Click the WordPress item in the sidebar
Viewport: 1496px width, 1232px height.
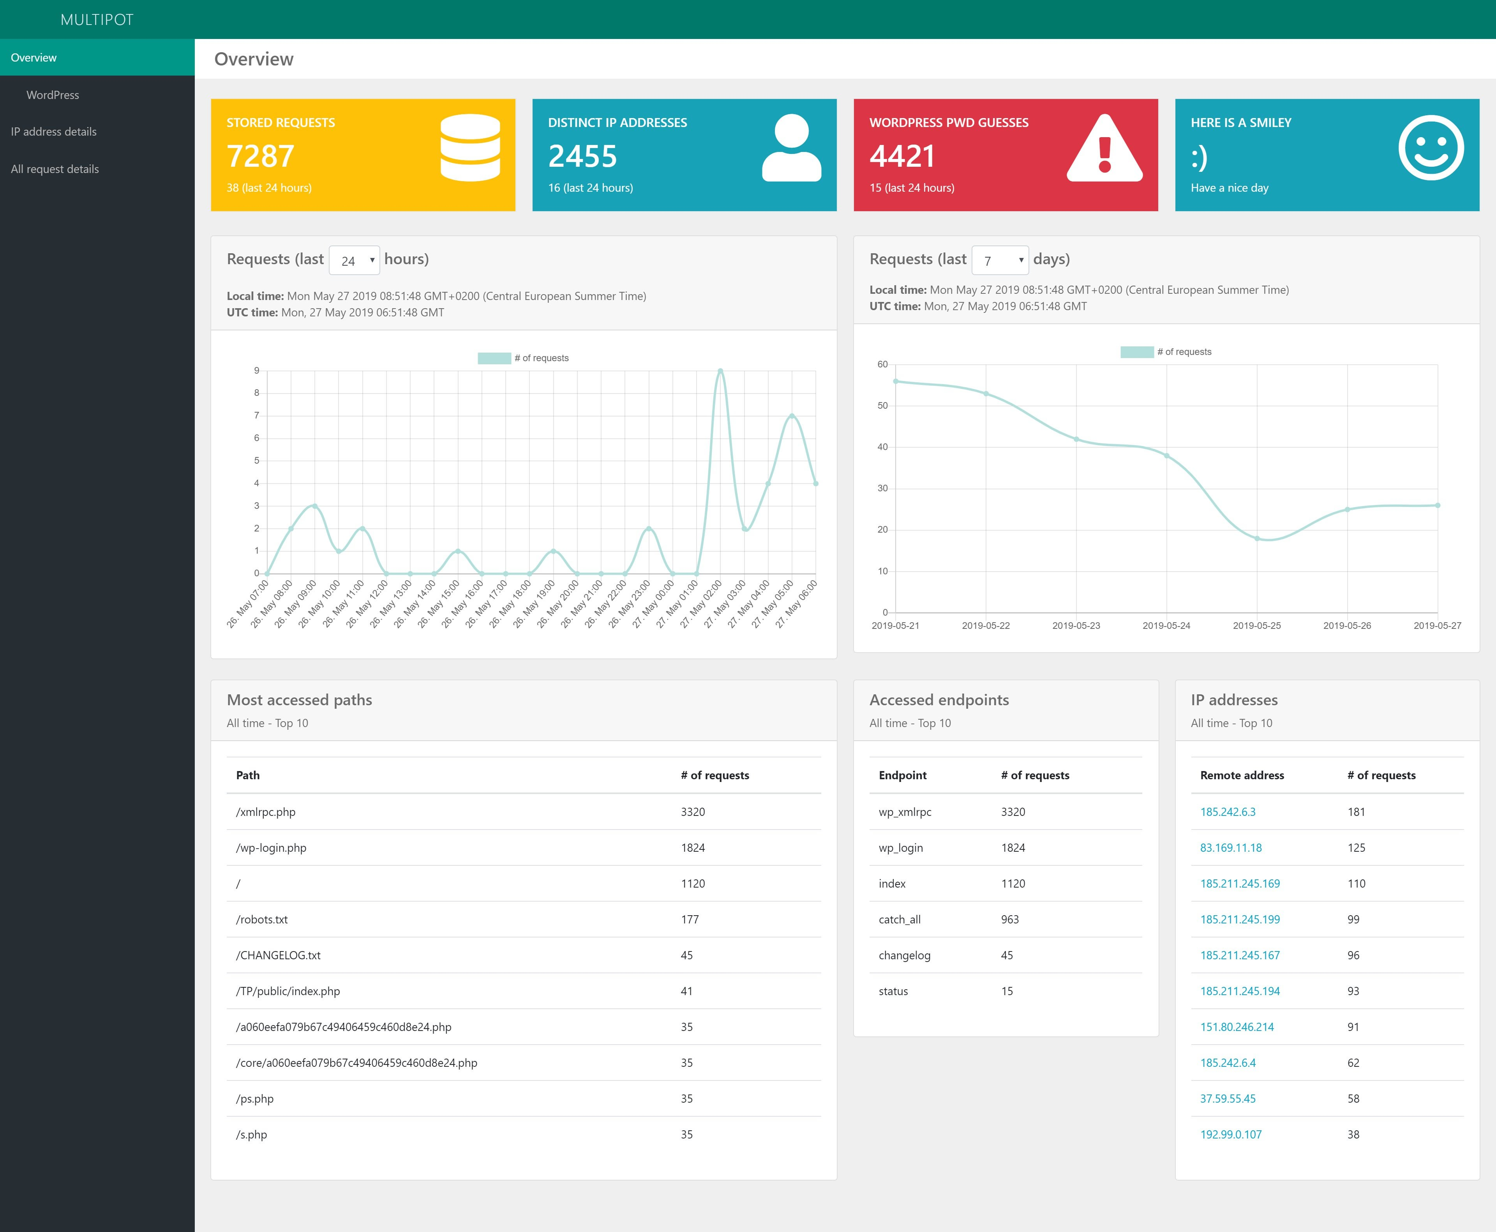pyautogui.click(x=53, y=95)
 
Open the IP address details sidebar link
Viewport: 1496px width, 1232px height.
pyautogui.click(x=53, y=132)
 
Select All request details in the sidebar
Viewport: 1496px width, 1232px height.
pyautogui.click(x=55, y=169)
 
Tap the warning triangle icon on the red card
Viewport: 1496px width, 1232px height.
pyautogui.click(x=1104, y=148)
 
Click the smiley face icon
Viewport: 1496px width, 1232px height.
pyautogui.click(x=1431, y=148)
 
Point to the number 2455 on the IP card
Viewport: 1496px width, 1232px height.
pyautogui.click(x=583, y=156)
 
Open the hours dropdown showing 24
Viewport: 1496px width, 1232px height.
pyautogui.click(x=354, y=260)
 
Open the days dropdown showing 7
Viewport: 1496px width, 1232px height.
pyautogui.click(x=1000, y=260)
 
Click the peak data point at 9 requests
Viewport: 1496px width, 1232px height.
pyautogui.click(x=720, y=371)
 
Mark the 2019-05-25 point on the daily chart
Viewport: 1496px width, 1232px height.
pyautogui.click(x=1257, y=538)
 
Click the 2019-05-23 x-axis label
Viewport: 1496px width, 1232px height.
pyautogui.click(x=1076, y=625)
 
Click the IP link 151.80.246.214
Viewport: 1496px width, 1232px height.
pyautogui.click(x=1237, y=1027)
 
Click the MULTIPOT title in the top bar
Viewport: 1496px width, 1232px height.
pyautogui.click(x=97, y=20)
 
